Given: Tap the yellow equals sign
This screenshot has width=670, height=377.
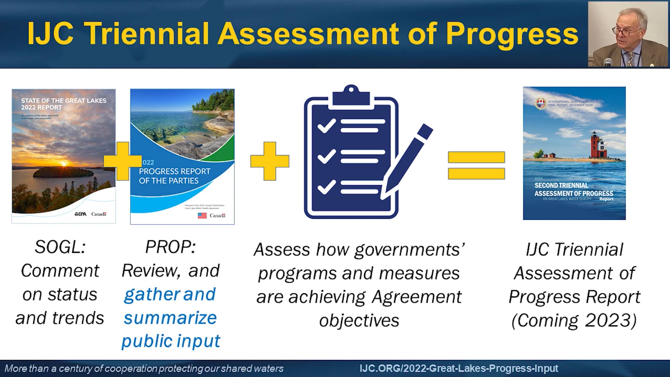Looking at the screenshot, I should tap(476, 165).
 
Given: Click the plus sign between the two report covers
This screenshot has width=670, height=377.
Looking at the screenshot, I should tap(122, 161).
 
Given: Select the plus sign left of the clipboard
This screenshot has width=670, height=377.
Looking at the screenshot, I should tap(269, 161).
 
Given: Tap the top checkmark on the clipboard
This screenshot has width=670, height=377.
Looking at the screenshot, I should tap(326, 126).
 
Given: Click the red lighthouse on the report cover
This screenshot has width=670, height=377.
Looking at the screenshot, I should tap(594, 145).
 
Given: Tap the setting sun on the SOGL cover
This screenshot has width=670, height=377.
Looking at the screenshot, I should tap(64, 163).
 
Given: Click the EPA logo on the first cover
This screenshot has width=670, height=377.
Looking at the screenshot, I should tap(80, 214).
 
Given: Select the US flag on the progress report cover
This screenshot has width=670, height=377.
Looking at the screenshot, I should tap(202, 215).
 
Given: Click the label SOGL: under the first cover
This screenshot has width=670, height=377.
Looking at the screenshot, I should tap(60, 247).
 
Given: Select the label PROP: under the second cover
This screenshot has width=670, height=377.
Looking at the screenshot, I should tap(170, 247).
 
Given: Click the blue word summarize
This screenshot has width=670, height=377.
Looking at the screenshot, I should tap(170, 318).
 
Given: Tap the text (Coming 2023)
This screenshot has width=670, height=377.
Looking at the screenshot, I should tap(574, 320).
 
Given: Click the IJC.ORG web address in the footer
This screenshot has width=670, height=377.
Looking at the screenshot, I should tap(459, 368).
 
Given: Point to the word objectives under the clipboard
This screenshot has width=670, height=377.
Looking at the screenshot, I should tap(359, 320).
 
